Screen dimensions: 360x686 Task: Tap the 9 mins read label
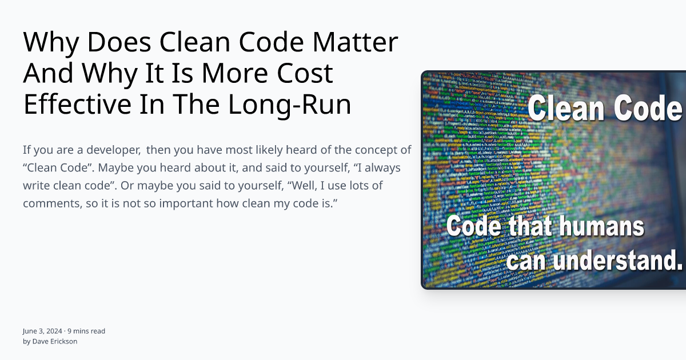click(86, 331)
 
